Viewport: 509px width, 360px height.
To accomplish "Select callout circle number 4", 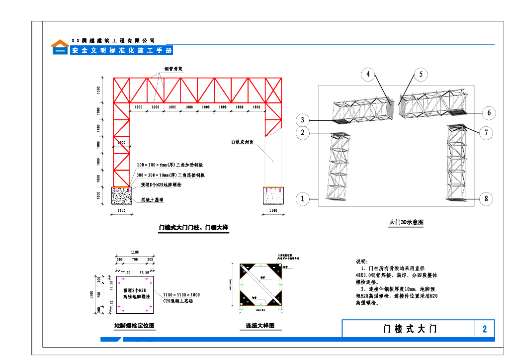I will click(368, 75).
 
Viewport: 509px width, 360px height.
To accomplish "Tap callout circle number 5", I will click(421, 75).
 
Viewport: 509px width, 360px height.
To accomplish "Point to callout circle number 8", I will click(486, 199).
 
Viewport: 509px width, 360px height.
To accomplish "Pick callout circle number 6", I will click(489, 113).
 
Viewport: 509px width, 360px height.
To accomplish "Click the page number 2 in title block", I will click(485, 329).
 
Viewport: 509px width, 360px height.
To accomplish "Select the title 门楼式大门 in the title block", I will click(410, 329).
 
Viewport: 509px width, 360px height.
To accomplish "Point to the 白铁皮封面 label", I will click(242, 142).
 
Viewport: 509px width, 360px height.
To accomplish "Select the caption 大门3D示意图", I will click(406, 222).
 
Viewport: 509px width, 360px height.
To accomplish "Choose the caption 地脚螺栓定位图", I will click(134, 326).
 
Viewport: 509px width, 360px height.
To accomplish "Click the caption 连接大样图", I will click(260, 326).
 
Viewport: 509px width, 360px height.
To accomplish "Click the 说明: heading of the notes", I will click(362, 261).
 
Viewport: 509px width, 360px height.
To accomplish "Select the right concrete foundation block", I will click(272, 196).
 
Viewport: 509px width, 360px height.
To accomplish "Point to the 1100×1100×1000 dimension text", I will click(181, 295).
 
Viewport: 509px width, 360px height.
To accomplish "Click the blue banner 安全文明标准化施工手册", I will click(122, 51).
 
